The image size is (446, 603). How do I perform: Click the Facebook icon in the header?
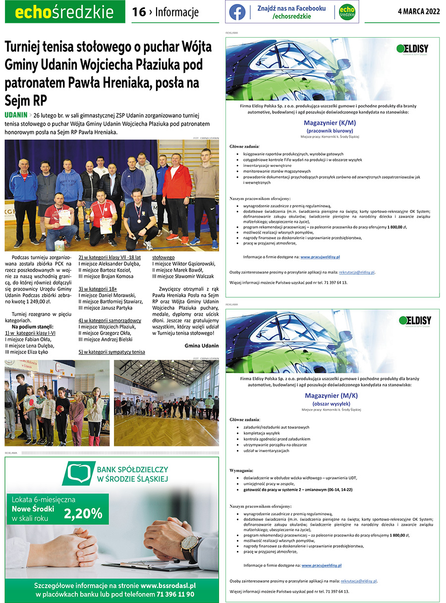pyautogui.click(x=237, y=12)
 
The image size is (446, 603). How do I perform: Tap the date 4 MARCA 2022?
pyautogui.click(x=418, y=11)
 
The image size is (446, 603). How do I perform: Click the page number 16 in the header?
pyautogui.click(x=139, y=12)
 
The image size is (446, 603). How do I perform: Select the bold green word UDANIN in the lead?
pyautogui.click(x=15, y=115)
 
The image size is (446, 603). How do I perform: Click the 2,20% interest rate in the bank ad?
pyautogui.click(x=83, y=513)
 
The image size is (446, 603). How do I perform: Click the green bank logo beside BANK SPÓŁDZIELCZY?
pyautogui.click(x=79, y=474)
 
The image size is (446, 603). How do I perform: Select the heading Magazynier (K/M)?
pyautogui.click(x=330, y=123)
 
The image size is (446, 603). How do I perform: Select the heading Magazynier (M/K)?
pyautogui.click(x=331, y=396)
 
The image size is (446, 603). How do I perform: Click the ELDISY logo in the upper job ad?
pyautogui.click(x=412, y=49)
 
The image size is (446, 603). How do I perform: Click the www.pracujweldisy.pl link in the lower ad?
pyautogui.click(x=322, y=565)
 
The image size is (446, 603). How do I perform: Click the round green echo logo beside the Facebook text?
pyautogui.click(x=347, y=12)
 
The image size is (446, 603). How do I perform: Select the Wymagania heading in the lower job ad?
pyautogui.click(x=242, y=470)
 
